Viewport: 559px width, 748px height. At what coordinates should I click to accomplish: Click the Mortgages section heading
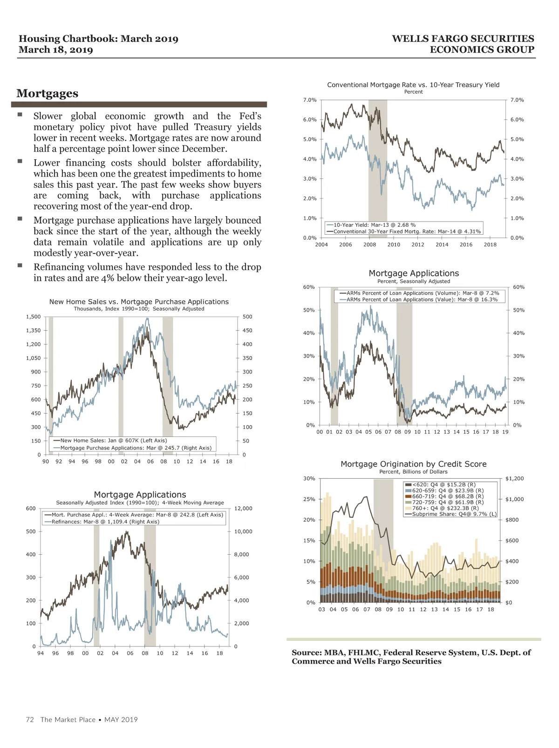click(47, 93)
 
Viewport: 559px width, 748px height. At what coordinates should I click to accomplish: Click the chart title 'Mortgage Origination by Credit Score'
click(413, 464)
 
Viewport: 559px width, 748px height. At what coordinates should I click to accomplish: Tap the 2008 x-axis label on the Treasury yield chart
click(369, 245)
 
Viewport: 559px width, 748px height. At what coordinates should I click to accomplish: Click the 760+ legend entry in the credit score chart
click(445, 508)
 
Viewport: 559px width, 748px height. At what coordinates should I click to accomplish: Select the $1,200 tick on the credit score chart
click(514, 478)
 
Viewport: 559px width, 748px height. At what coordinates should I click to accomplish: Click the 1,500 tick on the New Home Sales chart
click(33, 317)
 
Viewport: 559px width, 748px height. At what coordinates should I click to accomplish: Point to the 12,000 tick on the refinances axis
click(243, 509)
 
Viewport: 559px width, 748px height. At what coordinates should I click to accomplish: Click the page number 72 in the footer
click(30, 720)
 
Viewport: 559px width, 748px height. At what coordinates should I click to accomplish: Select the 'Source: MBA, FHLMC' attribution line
click(411, 653)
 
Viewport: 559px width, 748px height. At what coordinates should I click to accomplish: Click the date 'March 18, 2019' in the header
click(56, 50)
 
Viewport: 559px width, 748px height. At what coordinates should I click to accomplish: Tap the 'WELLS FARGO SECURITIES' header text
click(463, 39)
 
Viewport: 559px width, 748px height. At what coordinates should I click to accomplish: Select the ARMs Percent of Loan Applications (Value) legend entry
click(422, 299)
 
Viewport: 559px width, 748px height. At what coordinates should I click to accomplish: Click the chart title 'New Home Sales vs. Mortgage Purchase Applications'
click(139, 302)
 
